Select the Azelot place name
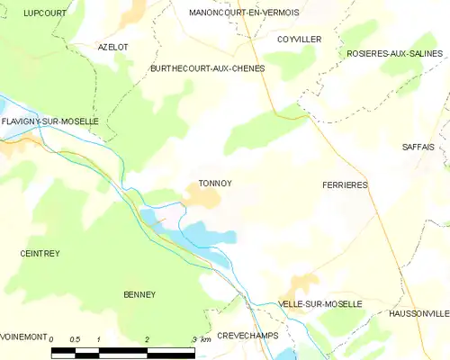(113, 46)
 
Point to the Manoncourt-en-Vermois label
(244, 13)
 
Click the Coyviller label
(300, 40)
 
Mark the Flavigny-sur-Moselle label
(49, 121)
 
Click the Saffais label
(418, 146)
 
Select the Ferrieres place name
(345, 184)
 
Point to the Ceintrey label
(40, 254)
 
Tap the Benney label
(139, 294)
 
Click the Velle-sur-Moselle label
(320, 304)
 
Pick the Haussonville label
(418, 313)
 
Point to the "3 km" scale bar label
(202, 339)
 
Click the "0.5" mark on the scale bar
(76, 339)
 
